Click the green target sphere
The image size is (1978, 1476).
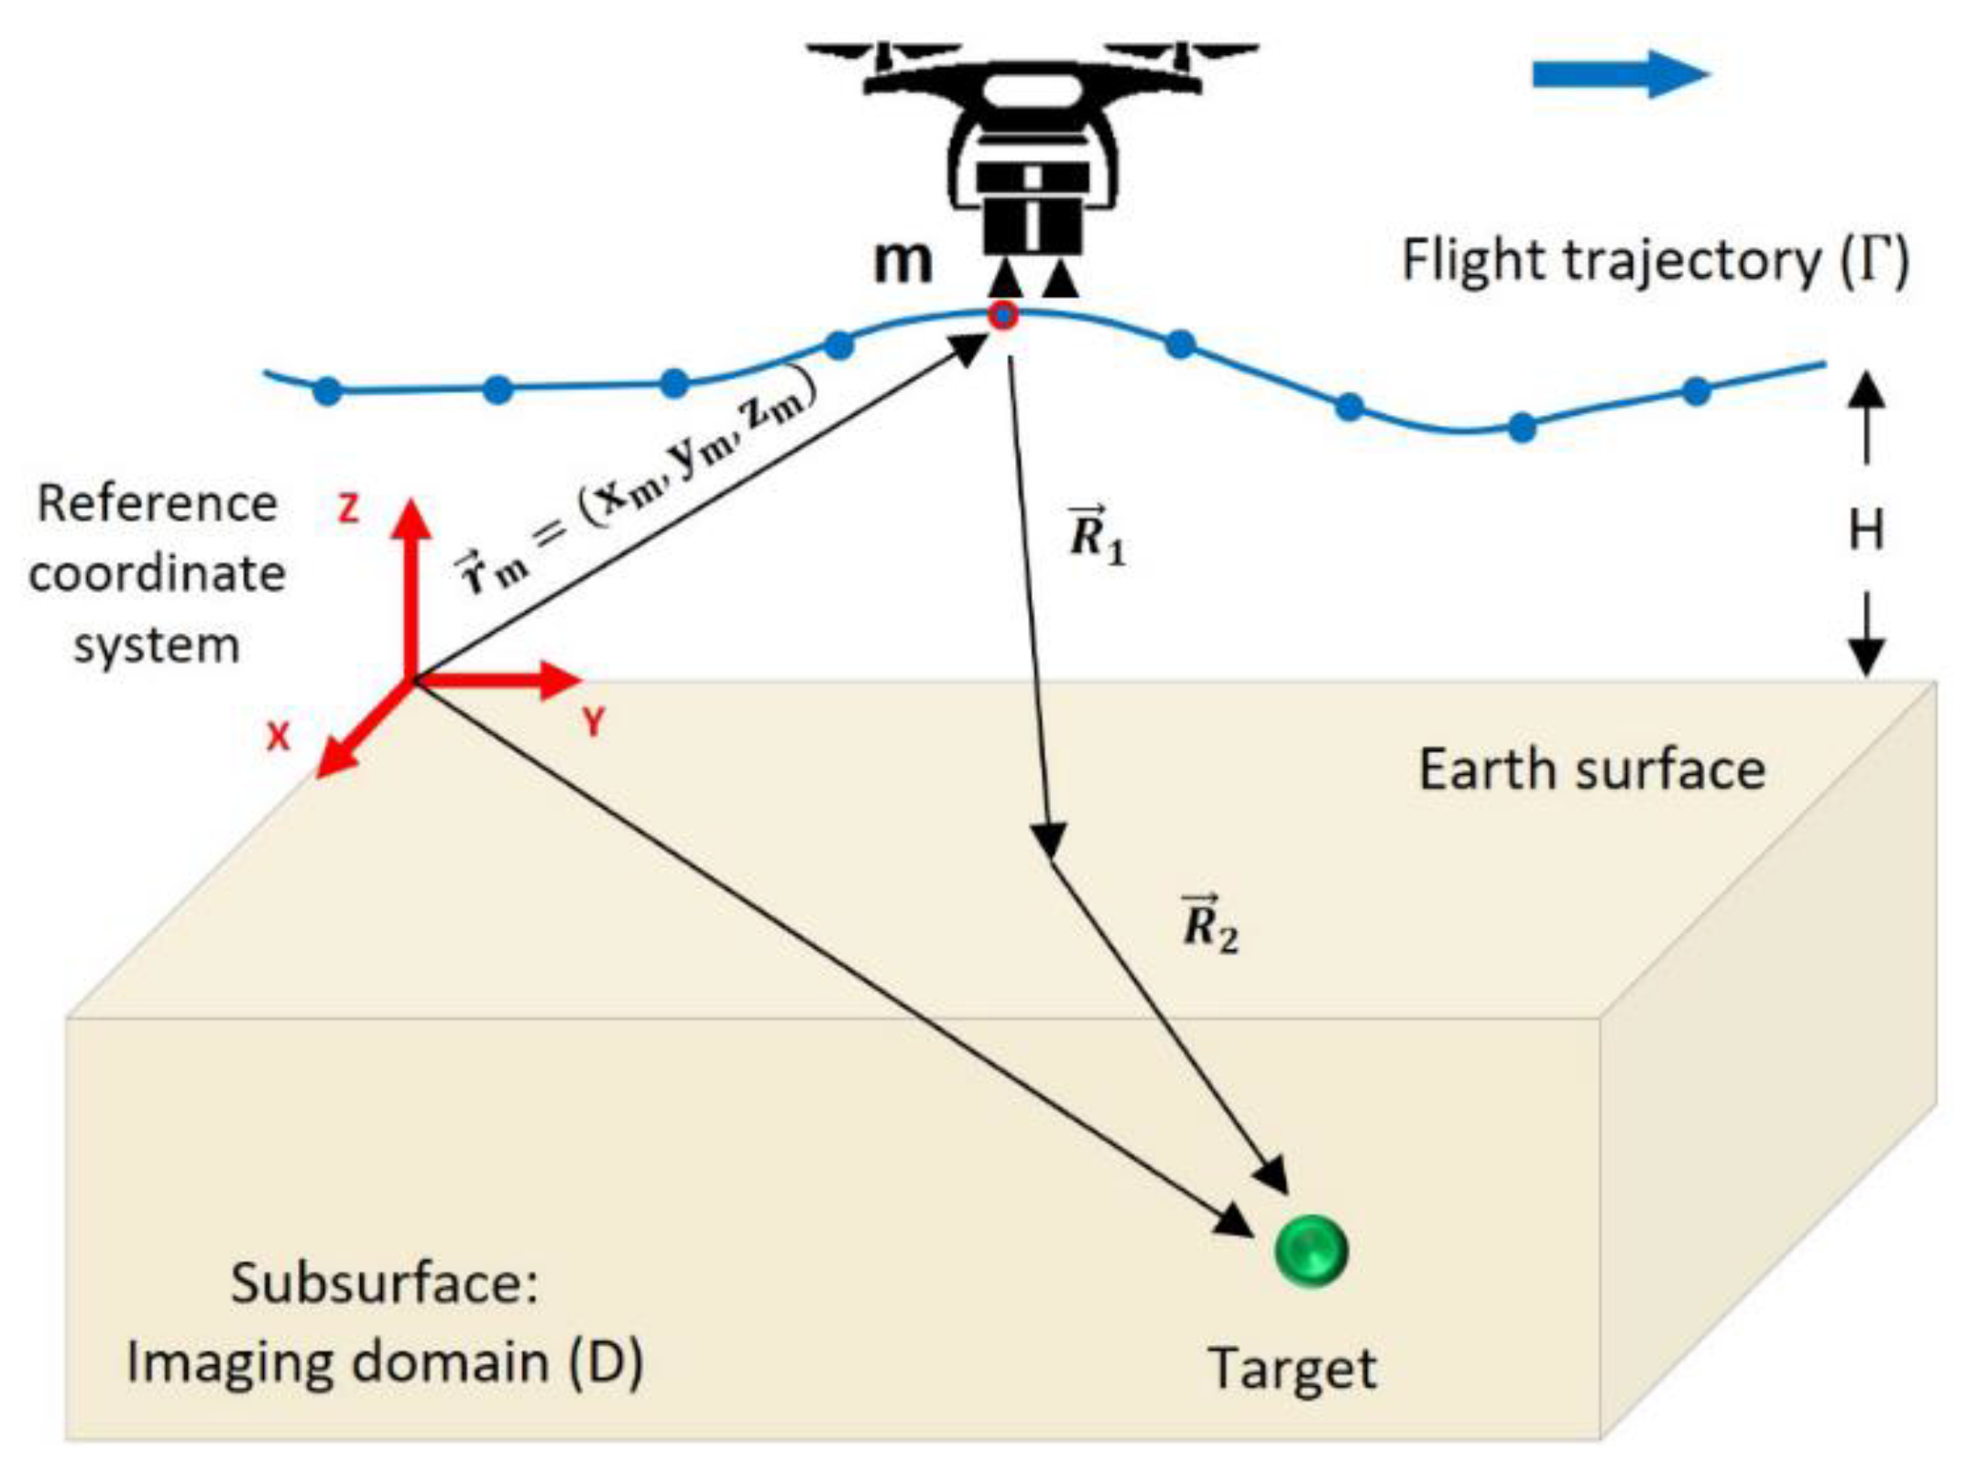click(x=1311, y=1251)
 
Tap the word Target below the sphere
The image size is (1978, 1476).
click(x=1293, y=1371)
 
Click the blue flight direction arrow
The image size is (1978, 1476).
click(x=1620, y=74)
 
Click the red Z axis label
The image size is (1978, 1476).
click(x=348, y=508)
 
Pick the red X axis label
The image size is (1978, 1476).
click(x=278, y=736)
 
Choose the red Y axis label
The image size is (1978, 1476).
click(x=594, y=723)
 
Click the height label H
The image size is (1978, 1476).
click(x=1866, y=530)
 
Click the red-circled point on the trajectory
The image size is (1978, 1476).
click(x=1004, y=316)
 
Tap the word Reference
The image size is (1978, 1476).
click(x=157, y=504)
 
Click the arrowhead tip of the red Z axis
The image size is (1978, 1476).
click(x=413, y=502)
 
